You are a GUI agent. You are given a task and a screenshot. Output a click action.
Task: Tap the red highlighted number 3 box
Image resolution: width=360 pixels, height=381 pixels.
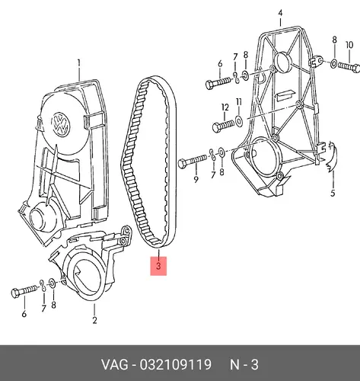158,266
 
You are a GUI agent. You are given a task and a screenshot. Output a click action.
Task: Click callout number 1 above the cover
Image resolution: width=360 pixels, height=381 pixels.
79,63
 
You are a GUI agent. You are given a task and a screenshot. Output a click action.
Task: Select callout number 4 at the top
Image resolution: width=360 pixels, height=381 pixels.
280,13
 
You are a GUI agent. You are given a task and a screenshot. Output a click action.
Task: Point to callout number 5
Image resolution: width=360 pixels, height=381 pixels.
333,193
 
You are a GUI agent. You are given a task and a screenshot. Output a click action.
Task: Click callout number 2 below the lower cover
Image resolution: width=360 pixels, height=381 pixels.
94,320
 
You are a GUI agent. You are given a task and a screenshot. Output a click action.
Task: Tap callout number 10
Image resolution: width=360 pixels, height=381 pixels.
349,45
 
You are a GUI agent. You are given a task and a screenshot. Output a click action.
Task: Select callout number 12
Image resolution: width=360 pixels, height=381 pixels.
225,107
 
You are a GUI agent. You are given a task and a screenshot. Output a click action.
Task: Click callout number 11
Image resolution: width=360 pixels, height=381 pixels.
239,102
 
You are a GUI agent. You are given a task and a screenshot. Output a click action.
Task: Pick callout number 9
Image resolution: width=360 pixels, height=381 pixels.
196,179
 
